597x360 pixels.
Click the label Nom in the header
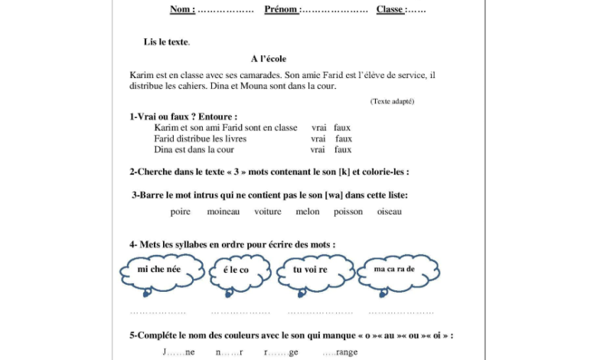(x=181, y=9)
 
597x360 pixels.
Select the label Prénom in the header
(x=282, y=9)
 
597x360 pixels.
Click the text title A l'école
(x=268, y=58)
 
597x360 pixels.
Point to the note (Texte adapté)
(x=392, y=101)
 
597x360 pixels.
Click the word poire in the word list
(x=181, y=211)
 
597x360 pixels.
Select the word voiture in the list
(x=268, y=211)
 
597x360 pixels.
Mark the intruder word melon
(x=308, y=211)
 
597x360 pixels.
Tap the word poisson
(x=348, y=211)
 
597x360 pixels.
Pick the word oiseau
(x=389, y=211)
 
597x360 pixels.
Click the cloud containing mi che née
(x=161, y=270)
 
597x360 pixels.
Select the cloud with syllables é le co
(x=237, y=270)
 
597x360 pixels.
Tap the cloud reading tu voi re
(x=312, y=270)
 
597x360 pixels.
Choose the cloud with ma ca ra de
(x=395, y=270)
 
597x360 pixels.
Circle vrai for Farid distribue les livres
(x=318, y=139)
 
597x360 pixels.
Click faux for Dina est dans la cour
(x=343, y=149)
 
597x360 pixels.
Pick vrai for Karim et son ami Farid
(x=318, y=127)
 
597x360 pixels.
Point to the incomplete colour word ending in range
(x=341, y=352)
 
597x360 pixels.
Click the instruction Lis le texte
(x=166, y=41)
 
